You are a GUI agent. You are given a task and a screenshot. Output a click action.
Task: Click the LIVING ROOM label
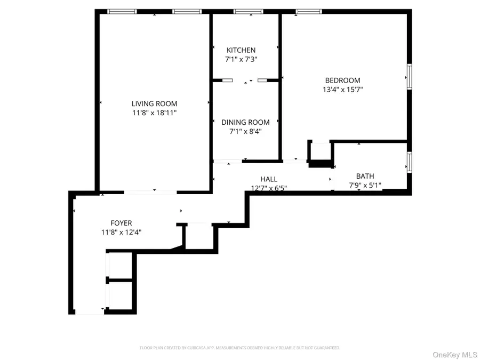pyautogui.click(x=155, y=104)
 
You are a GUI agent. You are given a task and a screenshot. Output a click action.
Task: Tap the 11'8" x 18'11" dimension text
pyautogui.click(x=155, y=113)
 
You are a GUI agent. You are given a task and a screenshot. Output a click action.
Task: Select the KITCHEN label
pyautogui.click(x=241, y=51)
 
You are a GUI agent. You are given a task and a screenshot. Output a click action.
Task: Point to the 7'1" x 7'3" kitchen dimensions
pyautogui.click(x=241, y=60)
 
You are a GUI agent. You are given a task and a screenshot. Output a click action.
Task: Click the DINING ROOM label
pyautogui.click(x=245, y=122)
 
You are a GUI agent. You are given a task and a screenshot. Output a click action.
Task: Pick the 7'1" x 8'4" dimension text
pyautogui.click(x=245, y=131)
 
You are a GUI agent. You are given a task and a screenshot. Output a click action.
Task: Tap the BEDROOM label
pyautogui.click(x=342, y=81)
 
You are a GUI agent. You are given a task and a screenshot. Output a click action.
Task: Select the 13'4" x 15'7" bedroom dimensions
pyautogui.click(x=342, y=90)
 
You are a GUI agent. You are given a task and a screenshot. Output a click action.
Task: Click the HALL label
pyautogui.click(x=269, y=179)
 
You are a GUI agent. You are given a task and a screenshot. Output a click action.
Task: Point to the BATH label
pyautogui.click(x=365, y=176)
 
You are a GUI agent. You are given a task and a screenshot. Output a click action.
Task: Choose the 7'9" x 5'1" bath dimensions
pyautogui.click(x=365, y=186)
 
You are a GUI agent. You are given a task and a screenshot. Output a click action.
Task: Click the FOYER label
pyautogui.click(x=121, y=223)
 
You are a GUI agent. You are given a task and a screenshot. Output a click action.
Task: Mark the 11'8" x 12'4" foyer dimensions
pyautogui.click(x=121, y=232)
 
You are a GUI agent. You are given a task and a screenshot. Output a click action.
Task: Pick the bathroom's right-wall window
pyautogui.click(x=409, y=162)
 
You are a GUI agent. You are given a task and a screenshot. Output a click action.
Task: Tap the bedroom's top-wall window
pyautogui.click(x=309, y=11)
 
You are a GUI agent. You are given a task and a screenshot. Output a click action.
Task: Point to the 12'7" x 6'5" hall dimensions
pyautogui.click(x=269, y=188)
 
